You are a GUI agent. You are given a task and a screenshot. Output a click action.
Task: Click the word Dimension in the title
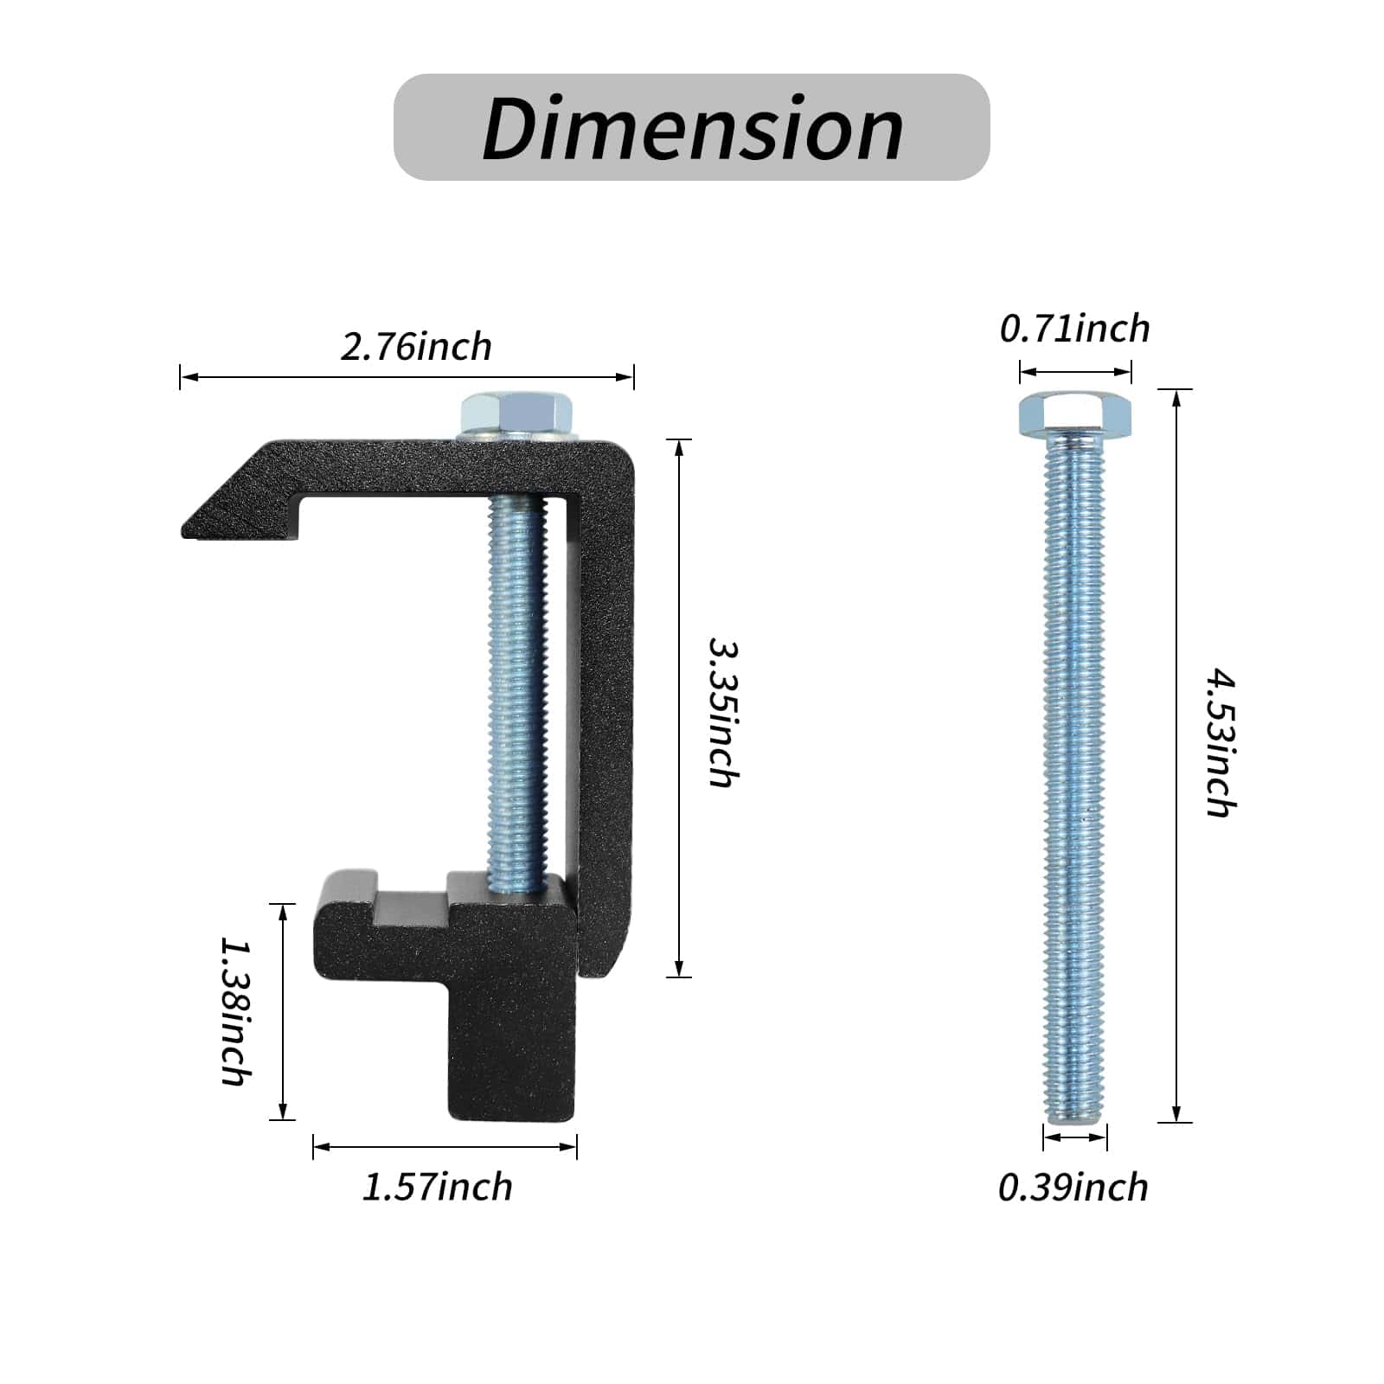coord(692,128)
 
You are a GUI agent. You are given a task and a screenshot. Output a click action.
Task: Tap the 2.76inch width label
coord(416,347)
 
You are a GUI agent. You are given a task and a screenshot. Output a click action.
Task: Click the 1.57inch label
coord(437,1186)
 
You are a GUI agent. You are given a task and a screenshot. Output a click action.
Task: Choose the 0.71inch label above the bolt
coord(1074,329)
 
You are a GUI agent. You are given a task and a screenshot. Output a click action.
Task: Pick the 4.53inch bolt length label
coord(1221,741)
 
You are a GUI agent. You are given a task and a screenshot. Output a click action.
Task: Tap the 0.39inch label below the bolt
coord(1073,1187)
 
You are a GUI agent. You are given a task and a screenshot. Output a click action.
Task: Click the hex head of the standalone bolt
coord(1075,413)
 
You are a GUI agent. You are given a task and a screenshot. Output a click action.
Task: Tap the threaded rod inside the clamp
coord(517,692)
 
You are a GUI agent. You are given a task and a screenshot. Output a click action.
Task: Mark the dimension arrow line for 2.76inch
coord(407,377)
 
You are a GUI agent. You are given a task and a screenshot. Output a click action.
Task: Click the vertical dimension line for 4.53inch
coord(1176,757)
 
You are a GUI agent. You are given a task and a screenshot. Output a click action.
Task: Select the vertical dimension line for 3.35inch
coord(680,709)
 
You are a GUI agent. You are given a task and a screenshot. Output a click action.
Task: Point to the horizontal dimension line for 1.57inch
coord(445,1147)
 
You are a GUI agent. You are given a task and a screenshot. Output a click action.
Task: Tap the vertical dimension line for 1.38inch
coord(282,1012)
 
